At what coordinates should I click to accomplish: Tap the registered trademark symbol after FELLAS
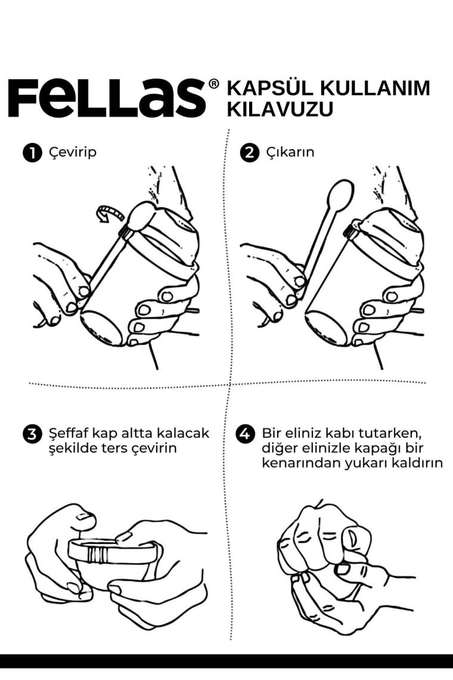pyautogui.click(x=214, y=84)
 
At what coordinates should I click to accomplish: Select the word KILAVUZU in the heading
pyautogui.click(x=280, y=109)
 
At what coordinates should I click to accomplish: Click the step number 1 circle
pyautogui.click(x=32, y=153)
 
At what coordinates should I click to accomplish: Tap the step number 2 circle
pyautogui.click(x=249, y=153)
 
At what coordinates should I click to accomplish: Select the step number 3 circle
pyautogui.click(x=32, y=434)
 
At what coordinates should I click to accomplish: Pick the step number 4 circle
pyautogui.click(x=245, y=434)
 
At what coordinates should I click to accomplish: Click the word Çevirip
pyautogui.click(x=72, y=153)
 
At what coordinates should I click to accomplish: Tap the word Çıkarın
pyautogui.click(x=290, y=153)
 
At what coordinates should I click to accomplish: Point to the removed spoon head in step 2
pyautogui.click(x=341, y=195)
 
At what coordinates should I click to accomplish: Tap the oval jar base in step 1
pyautogui.click(x=103, y=327)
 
